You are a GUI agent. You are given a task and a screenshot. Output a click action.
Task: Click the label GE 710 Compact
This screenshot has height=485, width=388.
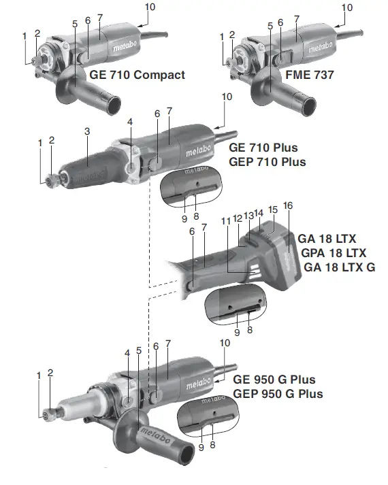135,75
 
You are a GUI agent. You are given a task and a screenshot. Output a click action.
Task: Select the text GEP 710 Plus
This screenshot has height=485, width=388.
268,162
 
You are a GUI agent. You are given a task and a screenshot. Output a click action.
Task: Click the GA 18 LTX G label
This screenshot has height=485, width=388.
339,267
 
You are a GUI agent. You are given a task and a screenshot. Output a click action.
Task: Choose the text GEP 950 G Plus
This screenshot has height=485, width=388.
278,394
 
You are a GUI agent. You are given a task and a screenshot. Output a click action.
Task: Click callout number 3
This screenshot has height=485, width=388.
87,131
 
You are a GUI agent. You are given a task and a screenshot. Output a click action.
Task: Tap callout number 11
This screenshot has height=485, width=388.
225,222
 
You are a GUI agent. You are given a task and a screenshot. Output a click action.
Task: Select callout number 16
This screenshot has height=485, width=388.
288,205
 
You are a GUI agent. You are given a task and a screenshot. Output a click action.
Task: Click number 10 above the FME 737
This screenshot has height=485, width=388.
347,7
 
